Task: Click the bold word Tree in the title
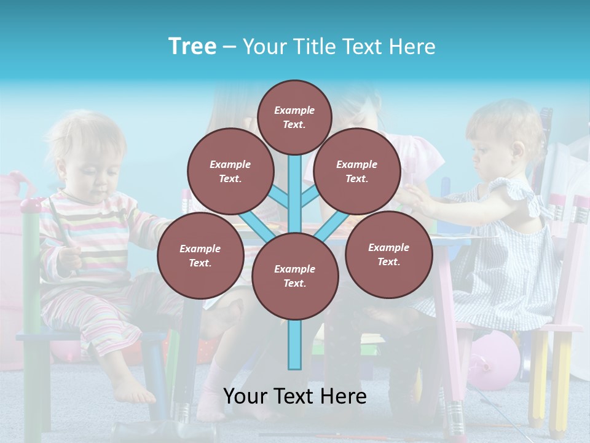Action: (x=192, y=47)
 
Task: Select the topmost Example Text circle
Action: (x=294, y=117)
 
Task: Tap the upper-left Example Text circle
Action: (x=230, y=172)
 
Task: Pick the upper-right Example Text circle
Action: (x=357, y=172)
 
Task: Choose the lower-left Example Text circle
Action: (x=200, y=256)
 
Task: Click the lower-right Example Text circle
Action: (x=388, y=255)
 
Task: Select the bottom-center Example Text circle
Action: (x=295, y=276)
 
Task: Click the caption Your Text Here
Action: (x=295, y=396)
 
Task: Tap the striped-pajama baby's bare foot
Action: (x=135, y=391)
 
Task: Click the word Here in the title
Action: (x=414, y=47)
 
